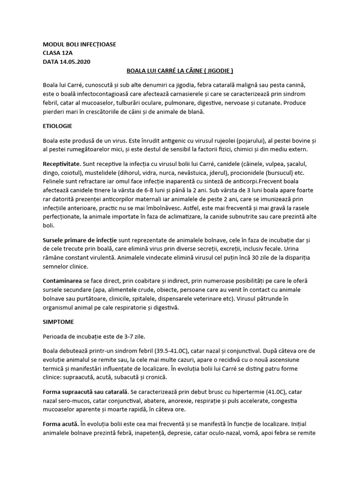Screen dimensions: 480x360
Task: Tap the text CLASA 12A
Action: click(x=58, y=53)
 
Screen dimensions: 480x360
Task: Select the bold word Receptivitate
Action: click(x=61, y=165)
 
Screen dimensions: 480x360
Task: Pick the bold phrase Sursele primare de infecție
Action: click(x=80, y=240)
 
